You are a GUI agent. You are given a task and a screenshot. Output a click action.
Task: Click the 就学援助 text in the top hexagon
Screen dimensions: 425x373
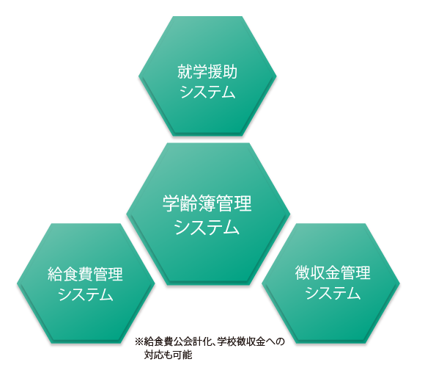[207, 72]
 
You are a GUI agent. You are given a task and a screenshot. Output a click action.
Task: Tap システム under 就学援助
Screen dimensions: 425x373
[207, 92]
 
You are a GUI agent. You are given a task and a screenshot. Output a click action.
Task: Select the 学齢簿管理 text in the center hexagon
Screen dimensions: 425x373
[207, 203]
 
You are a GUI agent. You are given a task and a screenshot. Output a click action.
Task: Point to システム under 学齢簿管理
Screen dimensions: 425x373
[207, 227]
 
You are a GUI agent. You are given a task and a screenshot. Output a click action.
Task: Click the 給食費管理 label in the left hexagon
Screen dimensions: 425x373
[86, 274]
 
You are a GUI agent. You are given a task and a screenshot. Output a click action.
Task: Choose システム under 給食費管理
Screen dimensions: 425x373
[86, 294]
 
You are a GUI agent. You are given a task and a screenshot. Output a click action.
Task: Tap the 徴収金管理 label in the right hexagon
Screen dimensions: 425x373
[333, 272]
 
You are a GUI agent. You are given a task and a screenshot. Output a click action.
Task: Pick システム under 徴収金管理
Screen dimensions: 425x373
[333, 292]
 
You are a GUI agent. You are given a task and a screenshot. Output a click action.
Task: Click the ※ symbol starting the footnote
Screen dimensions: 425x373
[138, 341]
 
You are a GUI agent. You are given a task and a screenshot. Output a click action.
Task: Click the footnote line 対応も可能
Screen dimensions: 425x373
[168, 355]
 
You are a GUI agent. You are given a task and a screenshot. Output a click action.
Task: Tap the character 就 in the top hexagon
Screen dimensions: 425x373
[185, 72]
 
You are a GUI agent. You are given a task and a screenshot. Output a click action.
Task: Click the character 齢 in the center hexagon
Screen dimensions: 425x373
[189, 203]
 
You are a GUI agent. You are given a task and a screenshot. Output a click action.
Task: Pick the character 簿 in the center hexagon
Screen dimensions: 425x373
[207, 203]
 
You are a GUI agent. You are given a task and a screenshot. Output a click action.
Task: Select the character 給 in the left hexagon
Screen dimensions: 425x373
[55, 274]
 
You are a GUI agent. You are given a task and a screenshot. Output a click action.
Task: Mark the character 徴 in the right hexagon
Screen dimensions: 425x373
[303, 272]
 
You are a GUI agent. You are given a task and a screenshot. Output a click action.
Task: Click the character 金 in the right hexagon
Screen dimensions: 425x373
[333, 272]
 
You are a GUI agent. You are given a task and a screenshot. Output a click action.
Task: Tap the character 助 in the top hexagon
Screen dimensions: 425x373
[230, 72]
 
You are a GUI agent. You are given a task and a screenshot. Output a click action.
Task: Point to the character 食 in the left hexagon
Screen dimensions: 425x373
[70, 274]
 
